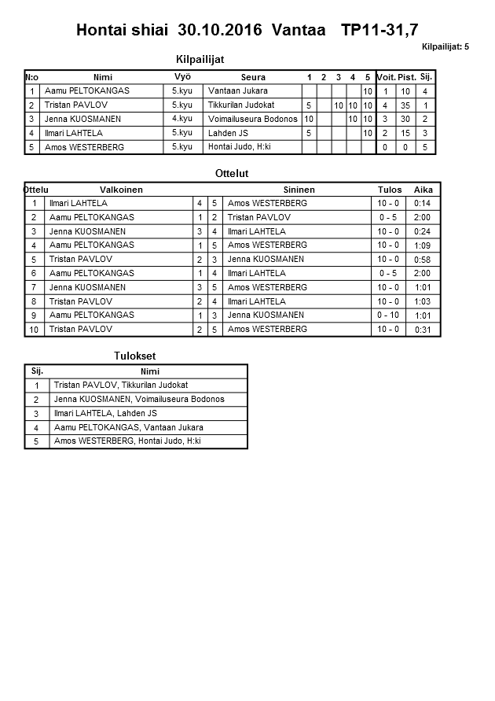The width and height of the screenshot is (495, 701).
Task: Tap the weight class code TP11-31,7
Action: coord(380,31)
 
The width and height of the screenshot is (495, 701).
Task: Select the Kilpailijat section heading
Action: coord(204,59)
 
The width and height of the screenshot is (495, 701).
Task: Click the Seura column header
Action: coord(253,77)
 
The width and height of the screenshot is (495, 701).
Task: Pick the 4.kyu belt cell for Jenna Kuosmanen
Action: coord(181,119)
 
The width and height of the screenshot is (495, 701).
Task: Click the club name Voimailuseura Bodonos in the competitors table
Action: coord(253,119)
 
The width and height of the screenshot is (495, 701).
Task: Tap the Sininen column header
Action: coord(299,190)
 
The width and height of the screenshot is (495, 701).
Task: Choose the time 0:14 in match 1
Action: coord(422,204)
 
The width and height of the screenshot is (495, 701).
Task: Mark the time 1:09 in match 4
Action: coord(422,245)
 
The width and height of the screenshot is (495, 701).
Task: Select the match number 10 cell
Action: coord(35,330)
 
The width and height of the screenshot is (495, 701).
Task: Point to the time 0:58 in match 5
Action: coord(422,260)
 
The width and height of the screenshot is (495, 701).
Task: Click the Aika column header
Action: coord(423,190)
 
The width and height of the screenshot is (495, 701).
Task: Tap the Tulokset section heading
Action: coord(135,356)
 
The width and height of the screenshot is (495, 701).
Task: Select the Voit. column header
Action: coord(386,77)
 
